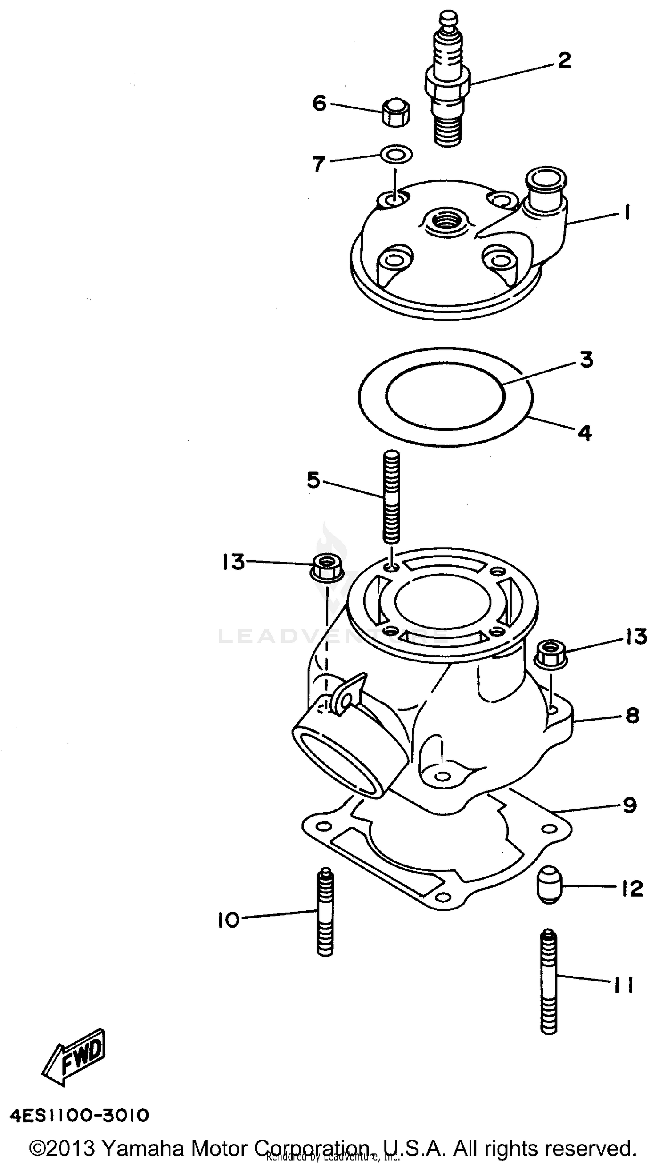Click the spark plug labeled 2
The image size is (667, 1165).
click(x=448, y=85)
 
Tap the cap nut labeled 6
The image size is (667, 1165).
click(x=395, y=112)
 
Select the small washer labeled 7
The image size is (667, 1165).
click(x=396, y=154)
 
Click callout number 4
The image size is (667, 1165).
click(x=585, y=433)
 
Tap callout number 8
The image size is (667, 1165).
click(x=632, y=715)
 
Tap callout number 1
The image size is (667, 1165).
click(x=627, y=213)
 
